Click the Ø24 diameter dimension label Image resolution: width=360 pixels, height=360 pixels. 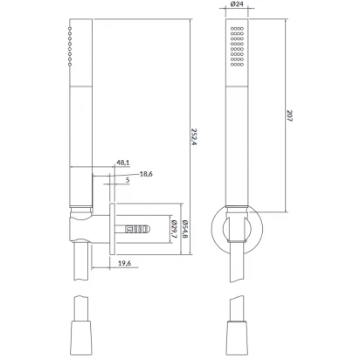point(237,4)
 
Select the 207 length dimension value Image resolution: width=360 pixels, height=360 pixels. point(289,115)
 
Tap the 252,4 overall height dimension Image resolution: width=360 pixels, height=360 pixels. point(193,136)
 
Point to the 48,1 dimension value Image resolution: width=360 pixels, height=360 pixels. point(123,163)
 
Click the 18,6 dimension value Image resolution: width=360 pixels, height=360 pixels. point(146,174)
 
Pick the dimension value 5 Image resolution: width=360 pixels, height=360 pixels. point(128,180)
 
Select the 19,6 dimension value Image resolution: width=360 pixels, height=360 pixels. point(124,263)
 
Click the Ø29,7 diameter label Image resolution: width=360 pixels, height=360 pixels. point(174,229)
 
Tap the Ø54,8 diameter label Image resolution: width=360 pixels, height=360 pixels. point(185,229)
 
